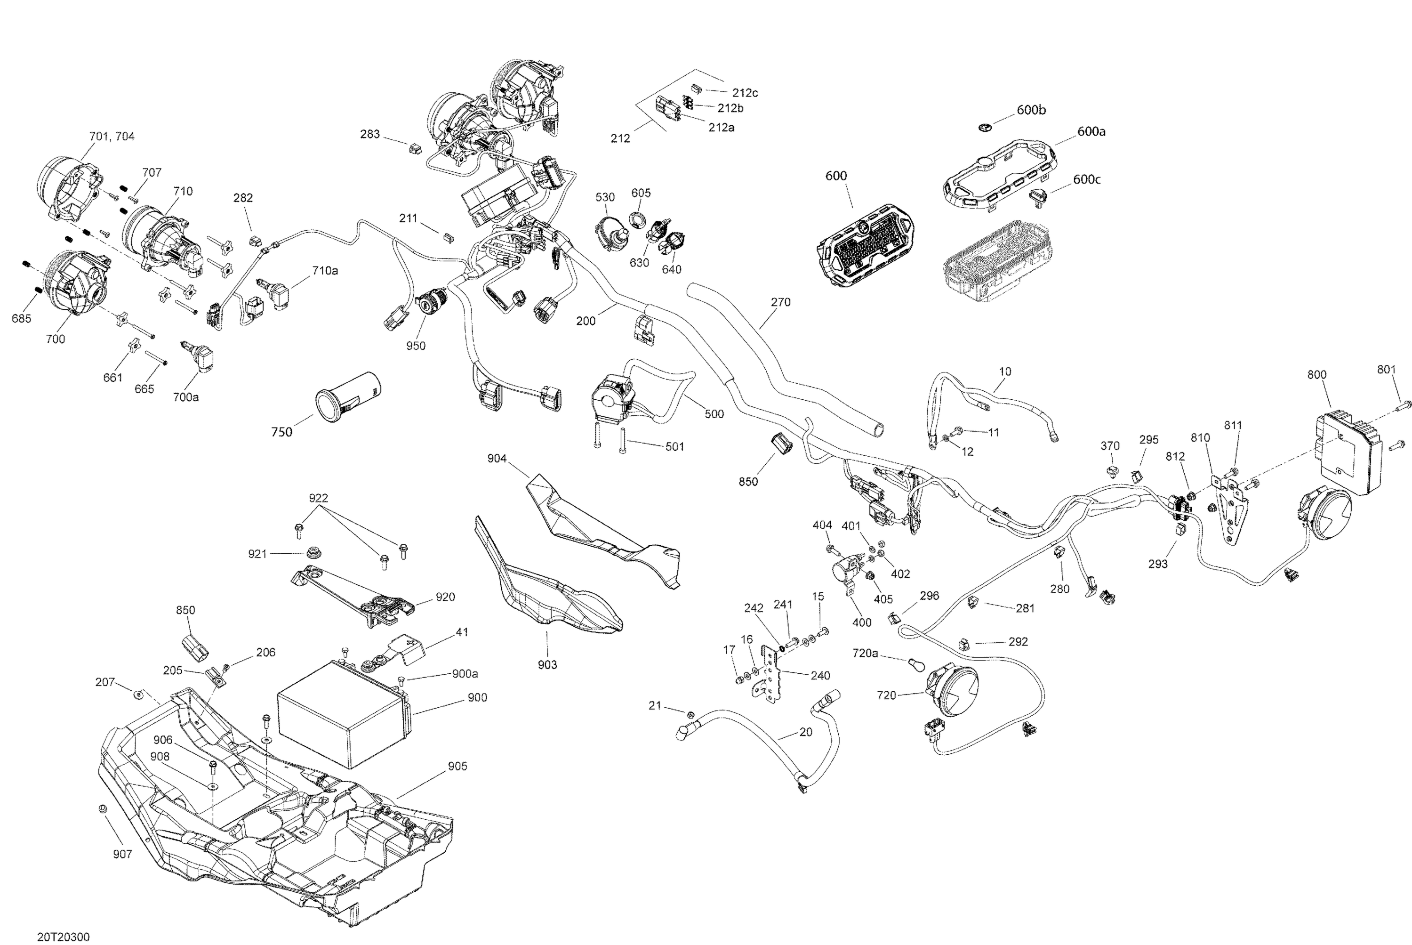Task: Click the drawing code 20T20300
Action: (x=63, y=937)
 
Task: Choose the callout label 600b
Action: (x=1031, y=110)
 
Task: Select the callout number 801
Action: (x=1386, y=370)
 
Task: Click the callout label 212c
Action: (x=745, y=93)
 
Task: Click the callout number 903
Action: (x=547, y=664)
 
